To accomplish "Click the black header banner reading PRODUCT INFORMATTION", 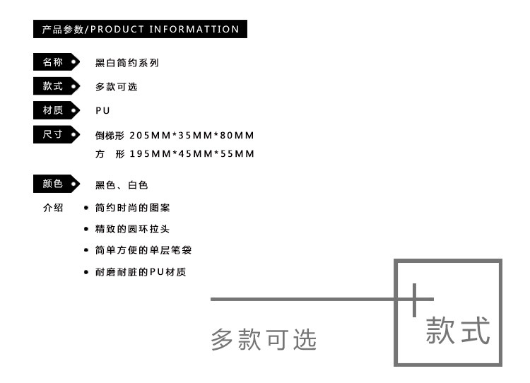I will tap(140, 29).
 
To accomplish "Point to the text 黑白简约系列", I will tap(127, 63).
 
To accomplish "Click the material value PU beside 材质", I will tap(103, 111).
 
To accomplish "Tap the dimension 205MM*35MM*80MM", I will tap(192, 136).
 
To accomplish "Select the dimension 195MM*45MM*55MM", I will tap(192, 154).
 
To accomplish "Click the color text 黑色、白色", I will tap(122, 185).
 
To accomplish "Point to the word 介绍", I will tap(53, 208).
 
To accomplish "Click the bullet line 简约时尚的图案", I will tap(132, 208).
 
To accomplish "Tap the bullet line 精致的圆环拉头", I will tap(132, 230).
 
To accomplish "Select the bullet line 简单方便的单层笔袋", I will tap(143, 251).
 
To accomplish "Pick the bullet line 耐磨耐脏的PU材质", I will tap(140, 272).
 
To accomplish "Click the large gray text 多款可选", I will tap(264, 340).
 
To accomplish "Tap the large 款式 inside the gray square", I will tap(457, 331).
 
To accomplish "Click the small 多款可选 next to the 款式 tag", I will tap(117, 87).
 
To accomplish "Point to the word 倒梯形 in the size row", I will tap(110, 136).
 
